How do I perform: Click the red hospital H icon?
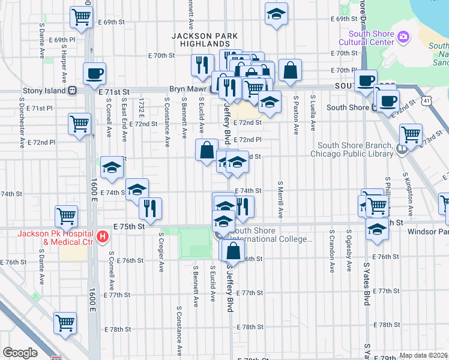(x=103, y=237)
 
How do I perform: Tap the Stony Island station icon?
(x=73, y=91)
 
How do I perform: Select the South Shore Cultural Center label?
(x=366, y=38)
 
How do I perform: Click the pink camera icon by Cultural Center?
(x=403, y=38)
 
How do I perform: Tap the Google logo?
(x=20, y=353)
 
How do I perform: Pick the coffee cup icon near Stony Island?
(x=95, y=74)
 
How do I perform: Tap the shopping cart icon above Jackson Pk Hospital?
(x=66, y=215)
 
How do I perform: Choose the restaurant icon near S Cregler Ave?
(x=149, y=208)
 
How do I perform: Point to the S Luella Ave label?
(x=313, y=112)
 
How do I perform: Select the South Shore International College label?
(x=270, y=235)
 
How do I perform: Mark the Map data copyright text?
(x=424, y=355)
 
